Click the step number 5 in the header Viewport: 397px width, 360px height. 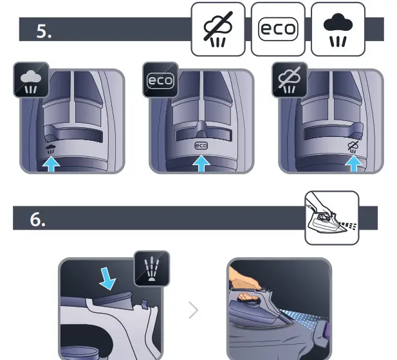tap(44, 32)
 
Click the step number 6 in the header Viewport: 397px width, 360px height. tap(38, 219)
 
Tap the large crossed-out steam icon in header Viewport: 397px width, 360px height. tap(218, 29)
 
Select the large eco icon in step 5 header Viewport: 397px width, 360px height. tap(278, 29)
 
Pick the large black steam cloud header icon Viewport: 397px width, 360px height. tap(338, 29)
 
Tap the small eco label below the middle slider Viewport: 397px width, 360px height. tap(201, 146)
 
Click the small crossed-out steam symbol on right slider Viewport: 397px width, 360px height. tap(352, 146)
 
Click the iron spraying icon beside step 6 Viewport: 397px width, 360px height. tap(331, 218)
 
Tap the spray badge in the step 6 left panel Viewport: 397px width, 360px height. tap(151, 269)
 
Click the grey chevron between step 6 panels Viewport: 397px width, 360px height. tap(194, 310)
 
